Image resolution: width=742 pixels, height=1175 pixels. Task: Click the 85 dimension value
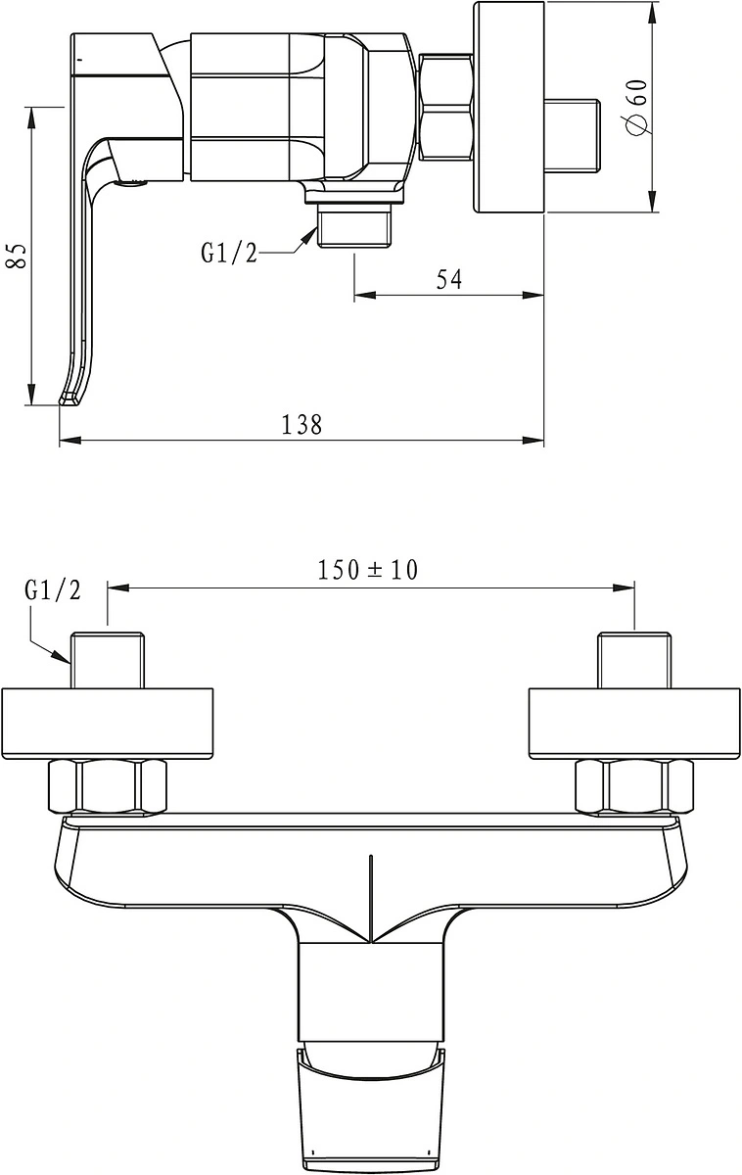[x=17, y=256]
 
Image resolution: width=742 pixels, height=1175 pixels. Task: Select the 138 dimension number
[x=301, y=424]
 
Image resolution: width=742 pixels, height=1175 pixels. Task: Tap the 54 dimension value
[x=449, y=279]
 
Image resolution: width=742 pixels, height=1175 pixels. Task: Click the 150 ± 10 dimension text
[x=368, y=570]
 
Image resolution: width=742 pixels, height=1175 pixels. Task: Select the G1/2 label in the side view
[x=229, y=254]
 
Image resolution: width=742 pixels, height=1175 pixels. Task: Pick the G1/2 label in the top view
[x=53, y=590]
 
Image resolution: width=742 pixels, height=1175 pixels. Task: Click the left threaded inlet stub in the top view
[x=108, y=660]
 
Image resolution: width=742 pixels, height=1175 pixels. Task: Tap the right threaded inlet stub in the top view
[x=634, y=660]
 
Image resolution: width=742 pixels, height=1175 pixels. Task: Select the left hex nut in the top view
[x=107, y=787]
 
